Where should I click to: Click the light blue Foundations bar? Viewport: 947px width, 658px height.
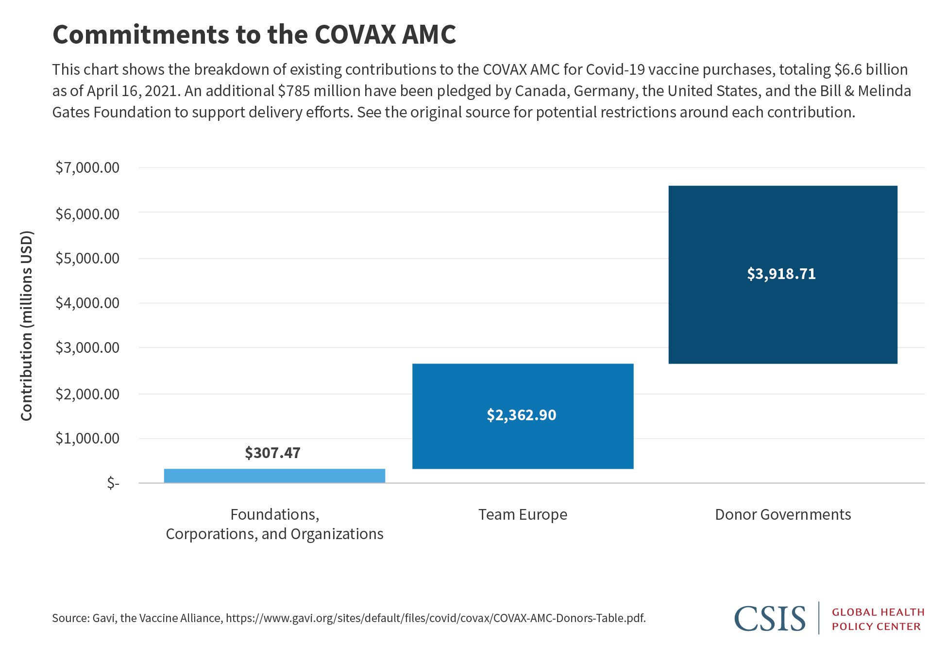(274, 476)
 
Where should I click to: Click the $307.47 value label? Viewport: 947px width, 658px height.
(272, 453)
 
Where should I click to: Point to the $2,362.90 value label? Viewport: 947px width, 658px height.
(521, 415)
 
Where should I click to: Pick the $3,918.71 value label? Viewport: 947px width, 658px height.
(781, 274)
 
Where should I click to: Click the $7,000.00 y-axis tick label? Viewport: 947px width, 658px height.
(87, 168)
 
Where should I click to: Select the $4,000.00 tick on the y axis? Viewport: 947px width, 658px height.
(87, 303)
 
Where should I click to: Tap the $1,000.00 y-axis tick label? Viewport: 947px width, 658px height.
(87, 439)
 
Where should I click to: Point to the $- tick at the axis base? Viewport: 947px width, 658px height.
(113, 483)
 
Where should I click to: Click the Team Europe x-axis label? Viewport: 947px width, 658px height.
(523, 514)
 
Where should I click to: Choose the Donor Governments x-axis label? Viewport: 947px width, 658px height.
(782, 514)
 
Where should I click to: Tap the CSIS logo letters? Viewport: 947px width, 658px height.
(770, 618)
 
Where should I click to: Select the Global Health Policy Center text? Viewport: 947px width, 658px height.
(878, 619)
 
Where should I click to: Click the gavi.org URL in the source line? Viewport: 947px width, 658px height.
(436, 618)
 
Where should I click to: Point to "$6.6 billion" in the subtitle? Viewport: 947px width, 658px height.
(871, 70)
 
